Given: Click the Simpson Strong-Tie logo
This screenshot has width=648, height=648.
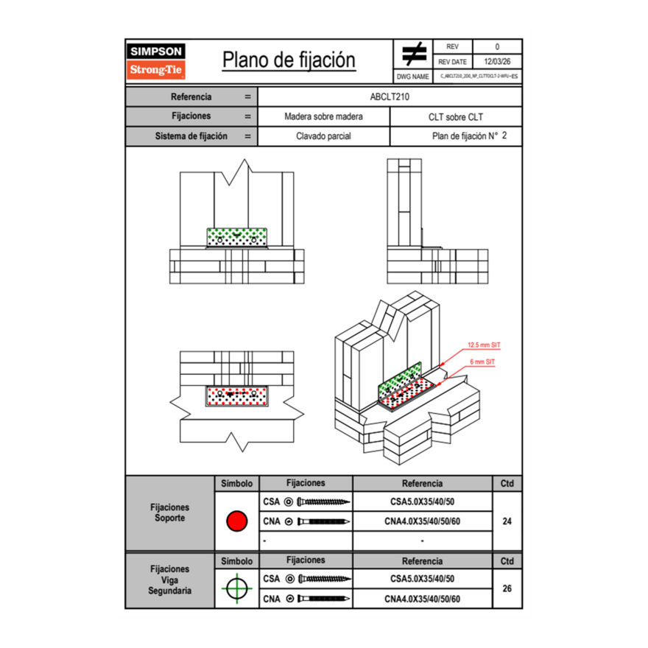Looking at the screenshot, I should pos(158,61).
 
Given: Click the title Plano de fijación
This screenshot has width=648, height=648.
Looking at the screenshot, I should pos(289,60).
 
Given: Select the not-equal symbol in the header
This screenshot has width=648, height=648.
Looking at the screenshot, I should pos(414,54).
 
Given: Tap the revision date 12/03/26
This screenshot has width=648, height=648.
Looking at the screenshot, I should pos(496,63).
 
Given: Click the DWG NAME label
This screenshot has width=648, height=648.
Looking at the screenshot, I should pos(413,76).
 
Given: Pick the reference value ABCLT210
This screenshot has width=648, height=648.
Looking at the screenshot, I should pos(390,96).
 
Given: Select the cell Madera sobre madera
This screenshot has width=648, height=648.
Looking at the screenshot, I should pos(323,116).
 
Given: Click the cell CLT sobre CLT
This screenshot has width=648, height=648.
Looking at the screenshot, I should pos(455,116).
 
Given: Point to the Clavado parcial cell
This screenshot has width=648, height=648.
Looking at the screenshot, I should pos(323,136).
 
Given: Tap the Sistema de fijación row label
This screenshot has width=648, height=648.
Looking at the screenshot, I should pos(191,136).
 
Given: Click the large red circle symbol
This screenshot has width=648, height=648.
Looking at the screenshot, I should pos(236,521).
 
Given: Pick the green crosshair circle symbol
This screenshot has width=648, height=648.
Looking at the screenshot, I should pos(236,588).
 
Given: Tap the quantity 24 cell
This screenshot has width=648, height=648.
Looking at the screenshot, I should pos(507,521).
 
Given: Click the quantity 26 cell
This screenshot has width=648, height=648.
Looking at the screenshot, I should pos(507,588).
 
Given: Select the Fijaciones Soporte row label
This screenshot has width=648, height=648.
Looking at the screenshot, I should pos(169,513).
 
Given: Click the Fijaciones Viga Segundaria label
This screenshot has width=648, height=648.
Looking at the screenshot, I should pos(169,580).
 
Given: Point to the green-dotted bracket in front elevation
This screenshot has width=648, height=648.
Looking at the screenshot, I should pos(237,237).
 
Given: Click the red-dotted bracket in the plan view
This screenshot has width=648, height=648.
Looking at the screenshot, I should pos(237,396).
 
